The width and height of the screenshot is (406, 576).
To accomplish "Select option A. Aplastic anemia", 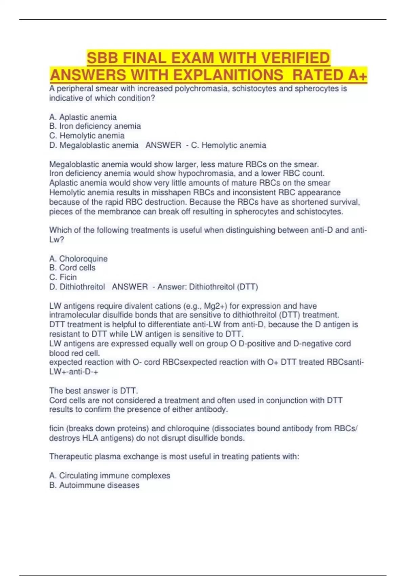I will [x=83, y=117].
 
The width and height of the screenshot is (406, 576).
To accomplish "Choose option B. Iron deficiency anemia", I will [x=95, y=126].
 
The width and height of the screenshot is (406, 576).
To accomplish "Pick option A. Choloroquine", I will [x=78, y=259].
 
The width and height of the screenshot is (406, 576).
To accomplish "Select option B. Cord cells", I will [x=72, y=268].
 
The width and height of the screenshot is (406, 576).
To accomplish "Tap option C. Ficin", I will [x=63, y=277].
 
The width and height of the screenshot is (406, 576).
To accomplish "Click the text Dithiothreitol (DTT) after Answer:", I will [x=223, y=287].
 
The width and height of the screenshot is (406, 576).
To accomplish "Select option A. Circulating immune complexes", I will [x=110, y=476].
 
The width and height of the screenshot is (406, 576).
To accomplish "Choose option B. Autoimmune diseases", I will [x=94, y=485].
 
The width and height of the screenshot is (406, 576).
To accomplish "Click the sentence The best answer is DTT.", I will [x=94, y=391].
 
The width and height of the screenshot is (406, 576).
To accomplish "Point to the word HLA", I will [x=90, y=438].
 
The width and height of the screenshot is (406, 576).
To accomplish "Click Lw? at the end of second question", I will [x=57, y=240].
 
